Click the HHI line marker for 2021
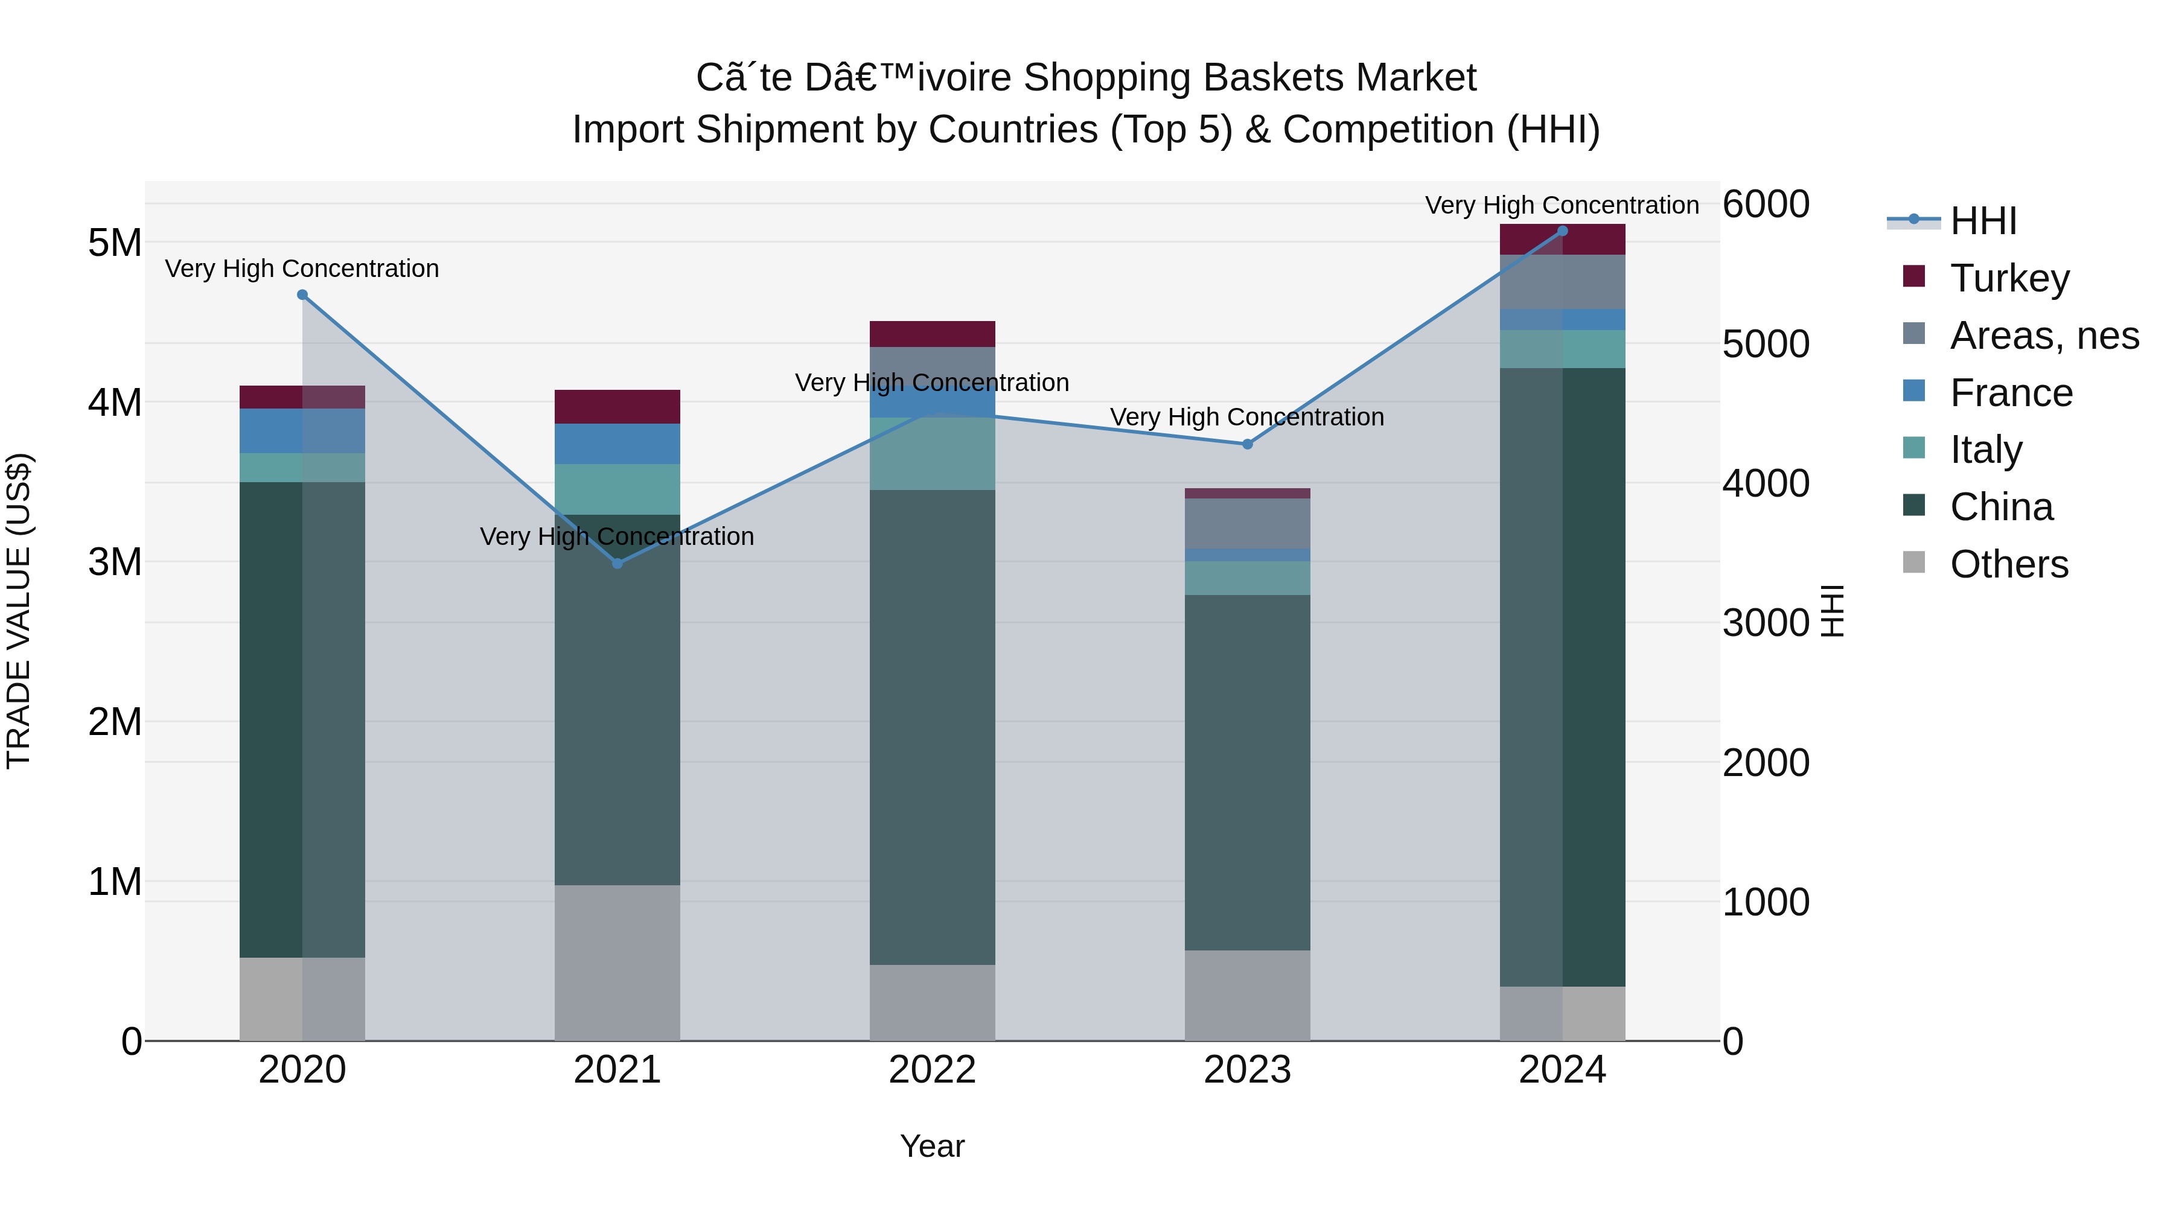[617, 564]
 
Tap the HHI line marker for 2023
[1248, 444]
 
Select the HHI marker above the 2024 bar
[1562, 231]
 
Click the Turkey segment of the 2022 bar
[932, 334]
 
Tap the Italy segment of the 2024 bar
[1562, 349]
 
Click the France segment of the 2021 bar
[617, 444]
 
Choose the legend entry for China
[2001, 508]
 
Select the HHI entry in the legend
[1982, 221]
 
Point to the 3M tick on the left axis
[115, 562]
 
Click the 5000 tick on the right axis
[1766, 344]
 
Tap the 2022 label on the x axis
[932, 1070]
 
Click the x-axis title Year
[932, 1146]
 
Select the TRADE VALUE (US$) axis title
[19, 611]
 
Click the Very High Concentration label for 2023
[1247, 418]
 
